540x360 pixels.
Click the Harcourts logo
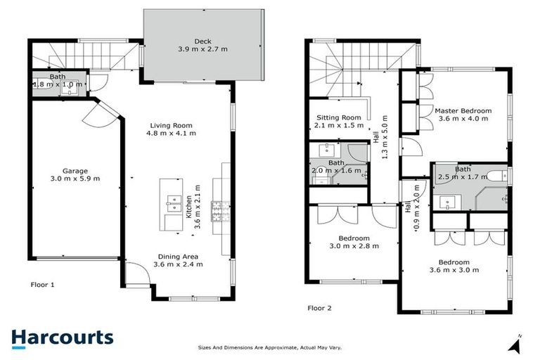pos(62,337)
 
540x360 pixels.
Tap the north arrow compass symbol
pos(516,345)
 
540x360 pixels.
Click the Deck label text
pos(202,41)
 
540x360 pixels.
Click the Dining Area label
pos(178,256)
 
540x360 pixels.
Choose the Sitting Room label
pos(338,117)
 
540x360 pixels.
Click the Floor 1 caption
pos(42,285)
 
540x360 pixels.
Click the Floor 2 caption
pos(320,307)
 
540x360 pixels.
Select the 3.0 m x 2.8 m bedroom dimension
pos(354,246)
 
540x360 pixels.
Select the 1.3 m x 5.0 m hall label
pos(384,137)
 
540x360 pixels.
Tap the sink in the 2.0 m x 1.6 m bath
pos(326,150)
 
